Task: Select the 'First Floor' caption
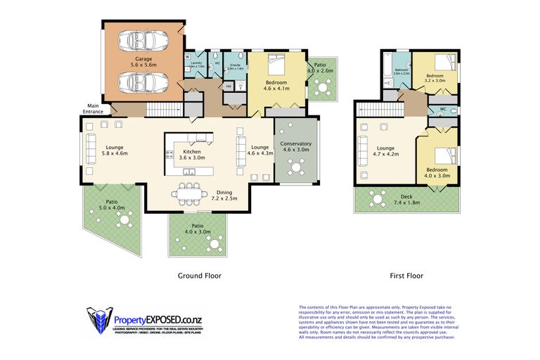406,276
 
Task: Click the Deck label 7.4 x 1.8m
406,200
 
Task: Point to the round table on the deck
378,200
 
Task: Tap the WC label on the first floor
443,110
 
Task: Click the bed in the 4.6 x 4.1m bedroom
275,67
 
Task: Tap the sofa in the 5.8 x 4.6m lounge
90,152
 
